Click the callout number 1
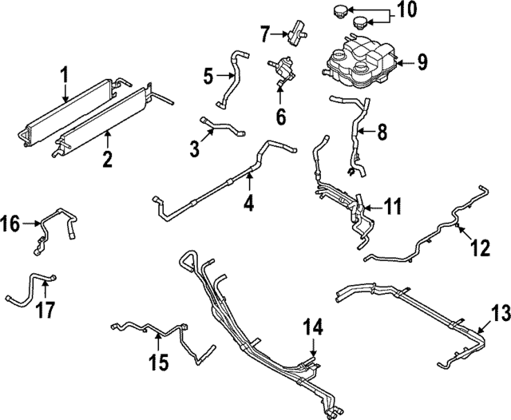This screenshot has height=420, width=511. [65, 77]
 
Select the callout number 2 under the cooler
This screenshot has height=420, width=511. [107, 159]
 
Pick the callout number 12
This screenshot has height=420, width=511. [479, 249]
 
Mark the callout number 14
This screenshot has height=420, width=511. [314, 327]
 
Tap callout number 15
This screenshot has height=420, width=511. [160, 363]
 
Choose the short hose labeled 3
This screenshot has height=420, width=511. [224, 127]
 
